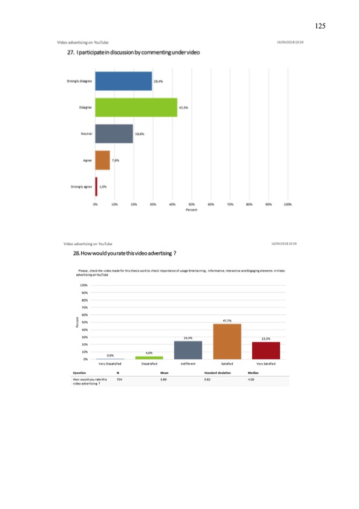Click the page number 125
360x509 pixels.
coord(321,26)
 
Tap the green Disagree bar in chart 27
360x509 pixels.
coord(136,107)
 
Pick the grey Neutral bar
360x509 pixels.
coord(114,133)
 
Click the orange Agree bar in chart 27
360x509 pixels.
coord(102,160)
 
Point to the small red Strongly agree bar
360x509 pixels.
coord(96,186)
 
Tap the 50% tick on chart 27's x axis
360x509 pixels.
coord(192,205)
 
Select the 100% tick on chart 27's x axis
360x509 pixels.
coord(287,205)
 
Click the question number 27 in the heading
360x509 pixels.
coord(70,53)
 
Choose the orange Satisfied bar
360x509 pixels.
coord(227,342)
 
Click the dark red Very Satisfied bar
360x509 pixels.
coord(266,351)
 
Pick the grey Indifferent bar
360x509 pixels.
coord(188,350)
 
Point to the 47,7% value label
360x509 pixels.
coord(227,320)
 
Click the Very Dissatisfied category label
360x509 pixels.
coord(111,365)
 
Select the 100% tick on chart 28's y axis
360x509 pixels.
coord(83,285)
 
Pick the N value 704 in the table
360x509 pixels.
coord(119,378)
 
